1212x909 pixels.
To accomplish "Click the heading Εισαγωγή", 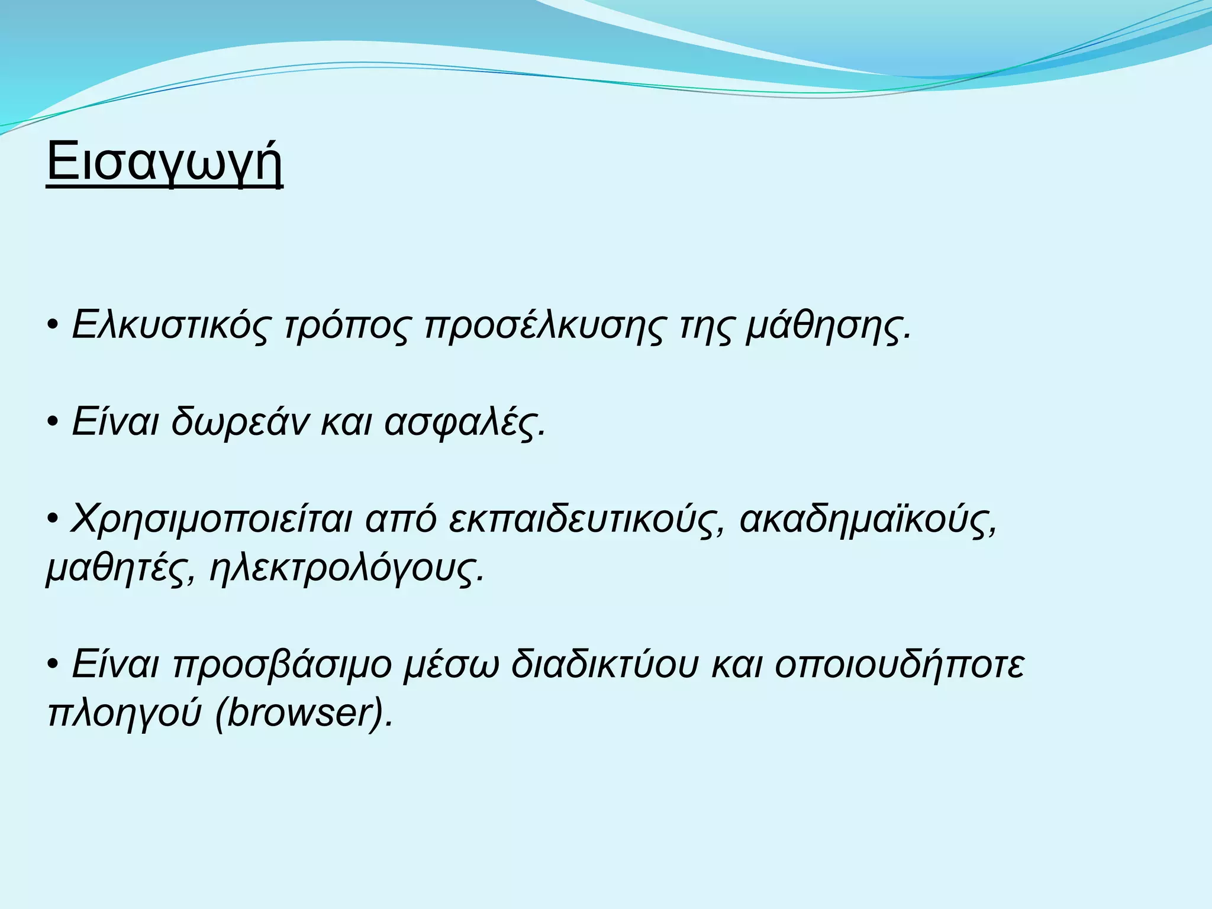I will point(165,163).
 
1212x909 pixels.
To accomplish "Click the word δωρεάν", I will point(240,423).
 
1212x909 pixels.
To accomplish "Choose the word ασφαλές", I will point(464,423).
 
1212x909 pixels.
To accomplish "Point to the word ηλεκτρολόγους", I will point(347,569).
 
